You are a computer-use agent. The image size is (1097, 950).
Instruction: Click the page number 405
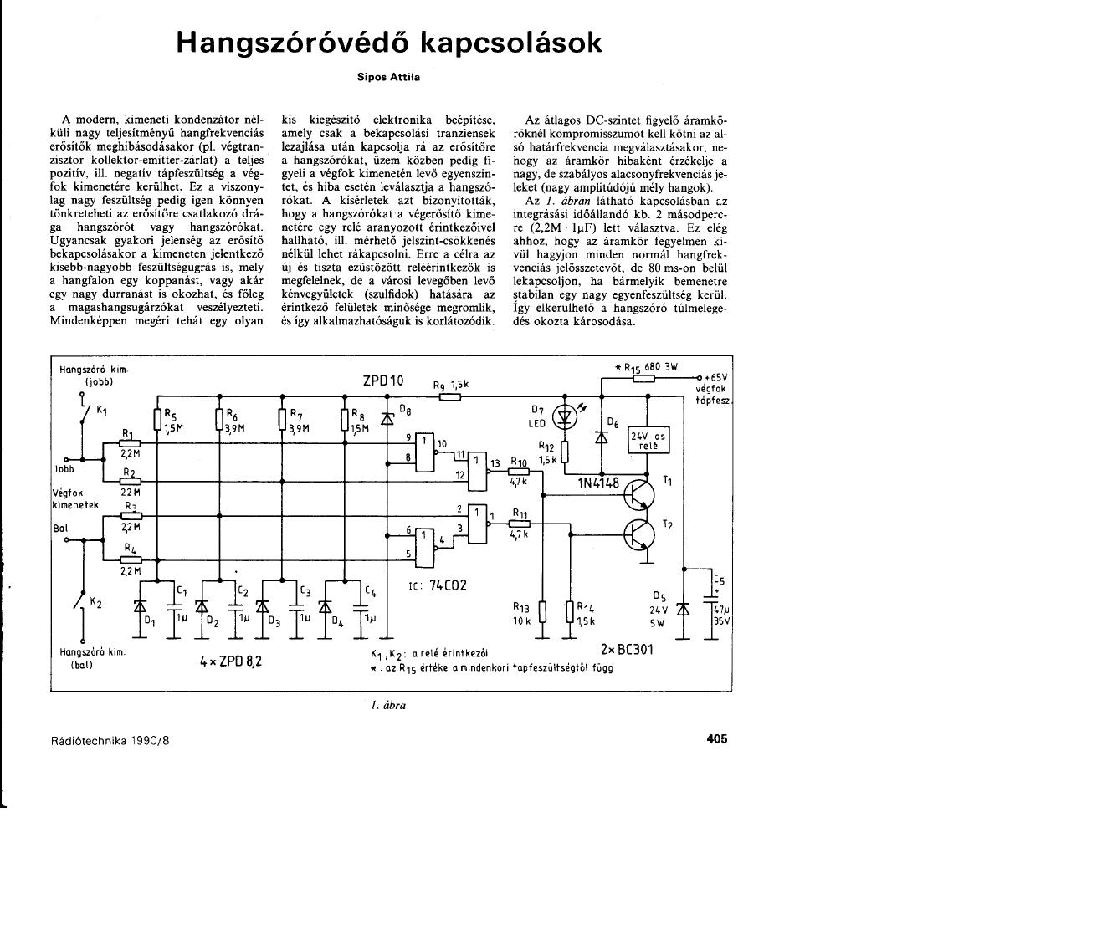click(717, 738)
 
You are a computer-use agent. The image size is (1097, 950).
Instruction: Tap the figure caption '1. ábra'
click(388, 705)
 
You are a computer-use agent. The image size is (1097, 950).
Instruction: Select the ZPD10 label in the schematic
click(382, 381)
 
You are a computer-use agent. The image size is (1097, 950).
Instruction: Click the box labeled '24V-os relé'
click(649, 441)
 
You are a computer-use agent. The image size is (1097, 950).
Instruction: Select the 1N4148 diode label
click(598, 483)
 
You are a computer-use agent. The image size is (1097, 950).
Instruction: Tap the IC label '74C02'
click(448, 586)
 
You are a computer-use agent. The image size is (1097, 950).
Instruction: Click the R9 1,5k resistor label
click(451, 384)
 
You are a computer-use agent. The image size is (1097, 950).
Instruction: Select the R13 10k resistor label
click(523, 615)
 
